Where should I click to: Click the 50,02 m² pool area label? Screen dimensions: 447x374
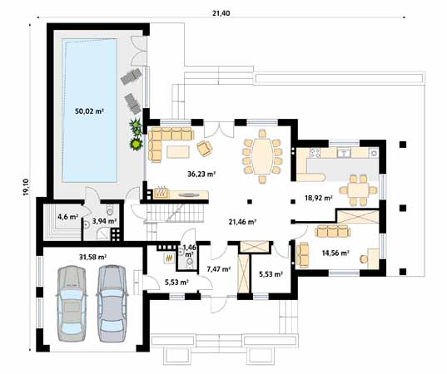[x=89, y=111]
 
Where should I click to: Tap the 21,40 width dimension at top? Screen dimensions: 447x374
[x=221, y=13]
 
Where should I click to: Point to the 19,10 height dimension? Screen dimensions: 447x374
[x=26, y=187]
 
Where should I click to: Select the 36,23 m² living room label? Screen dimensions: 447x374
[x=201, y=174]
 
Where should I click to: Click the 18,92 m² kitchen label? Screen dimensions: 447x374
[x=319, y=198]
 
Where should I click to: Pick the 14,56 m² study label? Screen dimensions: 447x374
[x=335, y=253]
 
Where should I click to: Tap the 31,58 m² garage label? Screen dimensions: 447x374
[x=92, y=257]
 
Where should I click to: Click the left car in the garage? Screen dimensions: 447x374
[x=72, y=303]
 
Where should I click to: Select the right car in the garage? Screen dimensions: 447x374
[x=112, y=303]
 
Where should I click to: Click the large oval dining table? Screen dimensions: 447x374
[x=262, y=156]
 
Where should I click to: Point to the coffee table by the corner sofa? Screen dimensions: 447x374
[x=178, y=151]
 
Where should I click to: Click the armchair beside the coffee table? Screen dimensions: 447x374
[x=205, y=148]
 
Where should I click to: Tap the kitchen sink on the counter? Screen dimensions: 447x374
[x=344, y=153]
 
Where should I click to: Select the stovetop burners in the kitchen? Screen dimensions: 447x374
[x=315, y=153]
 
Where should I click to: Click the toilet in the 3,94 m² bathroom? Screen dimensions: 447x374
[x=110, y=210]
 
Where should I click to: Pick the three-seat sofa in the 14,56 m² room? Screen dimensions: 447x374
[x=332, y=230]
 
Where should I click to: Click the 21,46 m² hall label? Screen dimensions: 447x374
[x=242, y=221]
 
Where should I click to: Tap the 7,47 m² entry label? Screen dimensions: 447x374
[x=219, y=268]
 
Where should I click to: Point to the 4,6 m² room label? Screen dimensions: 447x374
[x=68, y=217]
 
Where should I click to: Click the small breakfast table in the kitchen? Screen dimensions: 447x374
[x=358, y=190]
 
